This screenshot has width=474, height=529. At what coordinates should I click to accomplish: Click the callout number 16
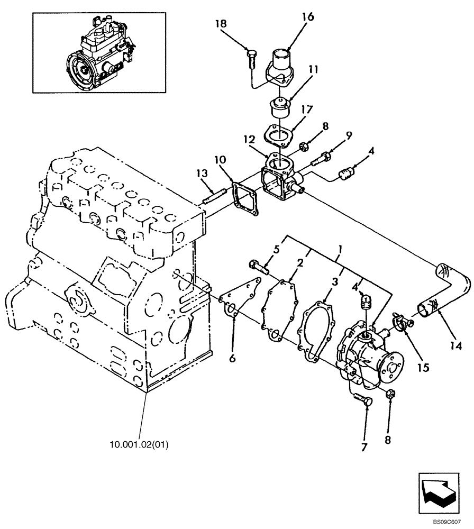(x=308, y=17)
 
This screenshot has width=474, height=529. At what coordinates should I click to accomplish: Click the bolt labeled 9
(x=323, y=157)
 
